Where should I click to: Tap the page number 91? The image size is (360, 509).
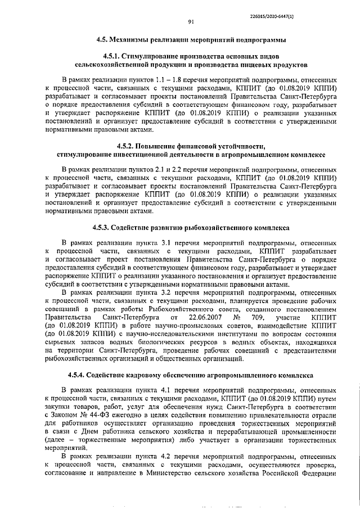[191, 22]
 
